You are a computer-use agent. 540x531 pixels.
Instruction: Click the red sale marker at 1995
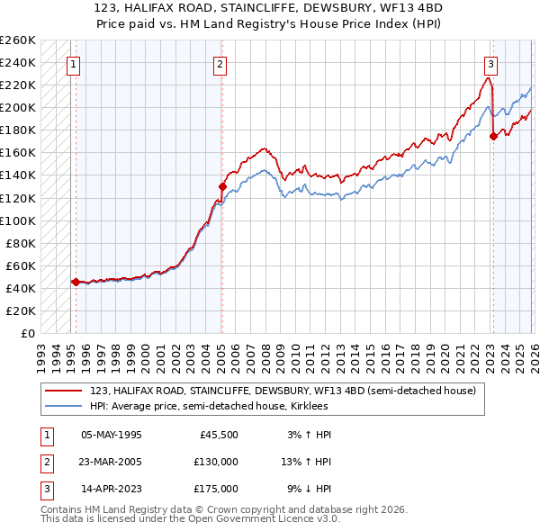pyautogui.click(x=76, y=282)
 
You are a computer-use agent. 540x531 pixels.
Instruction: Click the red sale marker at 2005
pyautogui.click(x=222, y=186)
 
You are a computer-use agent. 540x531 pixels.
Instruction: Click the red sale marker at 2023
pyautogui.click(x=492, y=136)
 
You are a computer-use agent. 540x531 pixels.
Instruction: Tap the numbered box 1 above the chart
pyautogui.click(x=72, y=64)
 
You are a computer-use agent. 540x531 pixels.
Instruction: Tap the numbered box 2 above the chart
pyautogui.click(x=220, y=64)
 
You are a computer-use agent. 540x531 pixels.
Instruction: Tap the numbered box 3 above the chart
pyautogui.click(x=490, y=64)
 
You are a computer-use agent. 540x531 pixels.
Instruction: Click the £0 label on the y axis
pyautogui.click(x=26, y=333)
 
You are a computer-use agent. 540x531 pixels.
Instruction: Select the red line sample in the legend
pyautogui.click(x=65, y=391)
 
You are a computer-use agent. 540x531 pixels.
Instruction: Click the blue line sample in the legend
pyautogui.click(x=65, y=406)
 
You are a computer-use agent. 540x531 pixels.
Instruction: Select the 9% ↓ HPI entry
pyautogui.click(x=309, y=489)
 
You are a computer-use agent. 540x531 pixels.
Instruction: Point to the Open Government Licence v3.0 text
pyautogui.click(x=261, y=519)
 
